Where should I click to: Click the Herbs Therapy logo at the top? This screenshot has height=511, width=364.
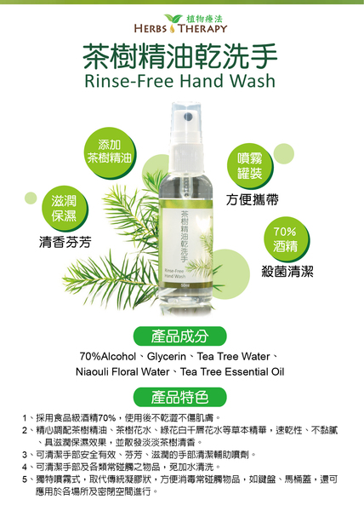tap(180, 24)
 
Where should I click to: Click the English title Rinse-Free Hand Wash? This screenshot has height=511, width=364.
tap(180, 81)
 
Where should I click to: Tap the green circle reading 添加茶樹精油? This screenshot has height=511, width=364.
tap(110, 152)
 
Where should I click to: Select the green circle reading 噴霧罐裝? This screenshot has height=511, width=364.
tap(249, 166)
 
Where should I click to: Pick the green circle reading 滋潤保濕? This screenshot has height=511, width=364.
tap(64, 208)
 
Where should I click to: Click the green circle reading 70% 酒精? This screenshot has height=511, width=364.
tap(285, 238)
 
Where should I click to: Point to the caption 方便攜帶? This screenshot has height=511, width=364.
tap(253, 199)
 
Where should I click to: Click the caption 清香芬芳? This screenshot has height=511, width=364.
tap(65, 242)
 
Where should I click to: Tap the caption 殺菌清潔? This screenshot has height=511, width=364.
tap(287, 271)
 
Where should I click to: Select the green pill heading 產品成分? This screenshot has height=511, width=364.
tap(180, 336)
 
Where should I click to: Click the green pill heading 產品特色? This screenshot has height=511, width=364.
tap(180, 397)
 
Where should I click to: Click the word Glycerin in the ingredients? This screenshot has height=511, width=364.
tap(167, 357)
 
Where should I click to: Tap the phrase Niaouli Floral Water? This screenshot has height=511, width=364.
tap(122, 372)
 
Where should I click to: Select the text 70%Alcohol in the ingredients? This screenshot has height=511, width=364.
tap(108, 357)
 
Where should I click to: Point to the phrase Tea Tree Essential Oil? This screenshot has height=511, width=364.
tap(232, 372)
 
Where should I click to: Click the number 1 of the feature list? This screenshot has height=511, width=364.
tap(25, 418)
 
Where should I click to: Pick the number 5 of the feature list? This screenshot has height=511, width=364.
tap(25, 479)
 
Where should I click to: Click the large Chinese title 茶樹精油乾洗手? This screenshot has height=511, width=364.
tap(180, 56)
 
